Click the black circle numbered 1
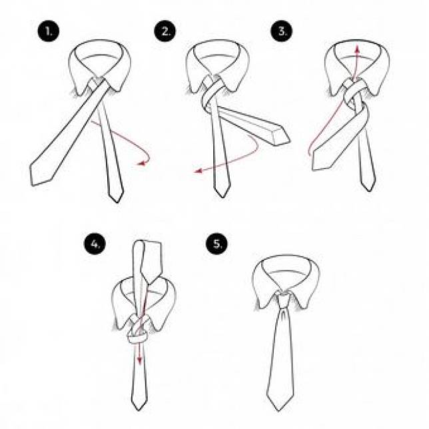(49, 31)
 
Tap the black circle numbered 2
(165, 31)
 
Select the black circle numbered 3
(282, 31)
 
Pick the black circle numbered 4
(95, 244)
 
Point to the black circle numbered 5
(217, 243)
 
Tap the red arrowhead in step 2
(198, 171)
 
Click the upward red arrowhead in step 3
(357, 49)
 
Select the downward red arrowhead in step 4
(139, 360)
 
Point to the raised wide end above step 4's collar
(148, 260)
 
